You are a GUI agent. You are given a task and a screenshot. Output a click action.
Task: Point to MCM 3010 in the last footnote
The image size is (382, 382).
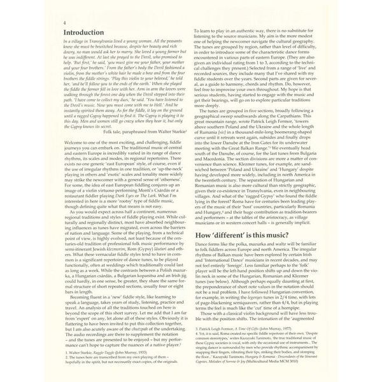coord(305,370)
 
